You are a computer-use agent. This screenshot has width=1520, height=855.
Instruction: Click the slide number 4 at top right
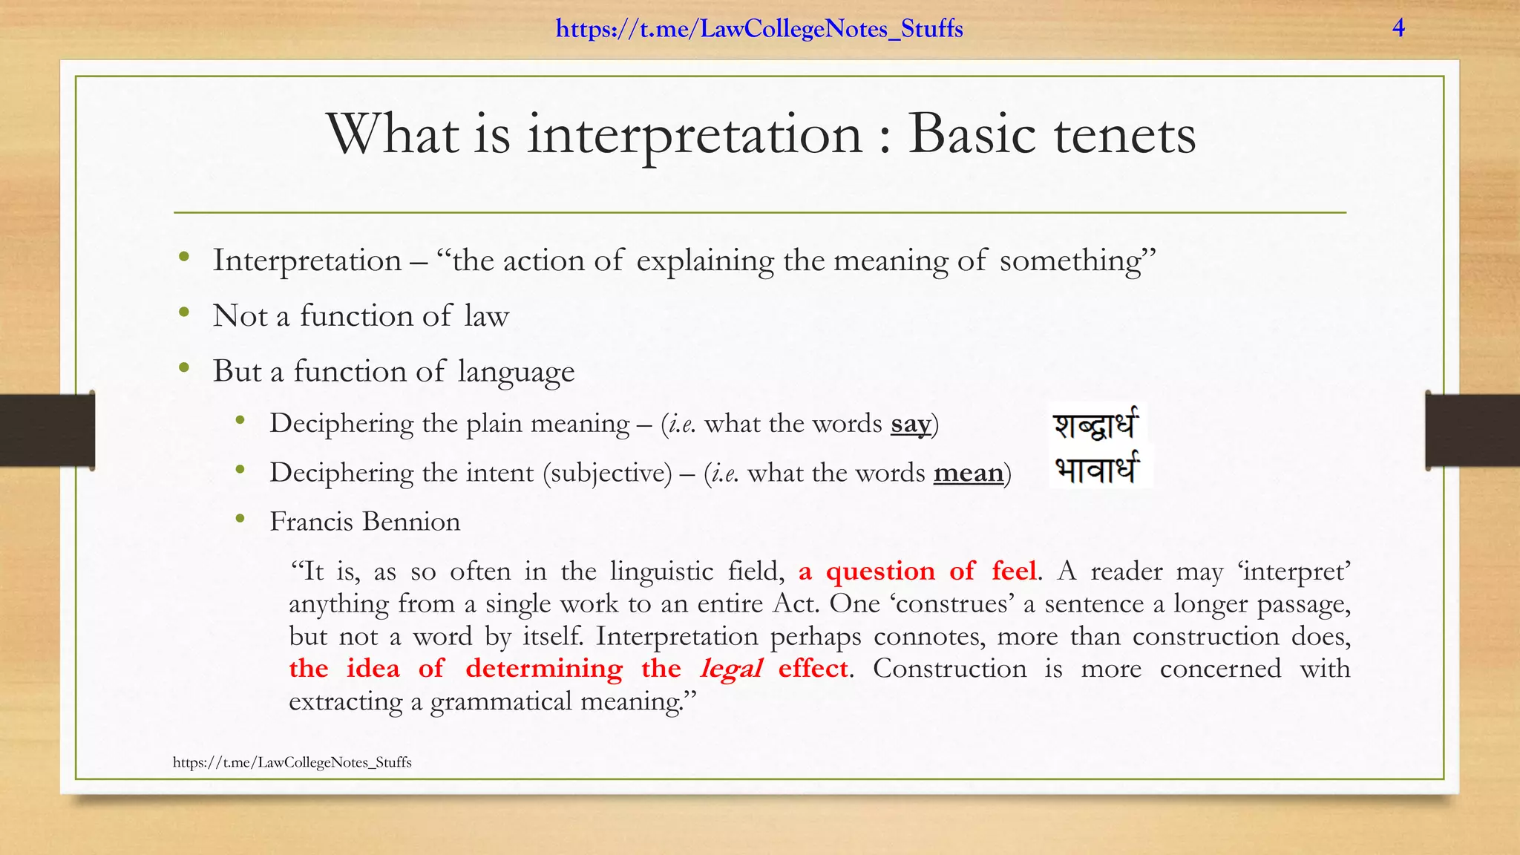point(1398,28)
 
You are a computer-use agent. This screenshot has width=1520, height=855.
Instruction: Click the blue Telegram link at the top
point(759,29)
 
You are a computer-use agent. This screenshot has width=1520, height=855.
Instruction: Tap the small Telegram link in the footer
point(292,762)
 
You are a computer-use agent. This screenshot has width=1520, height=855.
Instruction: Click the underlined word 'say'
point(911,424)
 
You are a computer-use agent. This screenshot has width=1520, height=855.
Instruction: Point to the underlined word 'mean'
point(968,473)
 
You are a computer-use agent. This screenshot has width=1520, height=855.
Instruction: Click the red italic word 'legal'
point(731,669)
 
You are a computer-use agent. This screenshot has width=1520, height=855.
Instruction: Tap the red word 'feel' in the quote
point(1013,571)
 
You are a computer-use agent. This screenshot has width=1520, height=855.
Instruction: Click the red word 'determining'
point(544,669)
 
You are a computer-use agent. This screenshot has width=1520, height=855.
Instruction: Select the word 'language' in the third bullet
point(516,371)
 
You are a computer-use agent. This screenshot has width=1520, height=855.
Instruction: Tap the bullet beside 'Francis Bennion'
point(240,519)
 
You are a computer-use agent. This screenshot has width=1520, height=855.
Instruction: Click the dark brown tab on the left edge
point(47,430)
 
